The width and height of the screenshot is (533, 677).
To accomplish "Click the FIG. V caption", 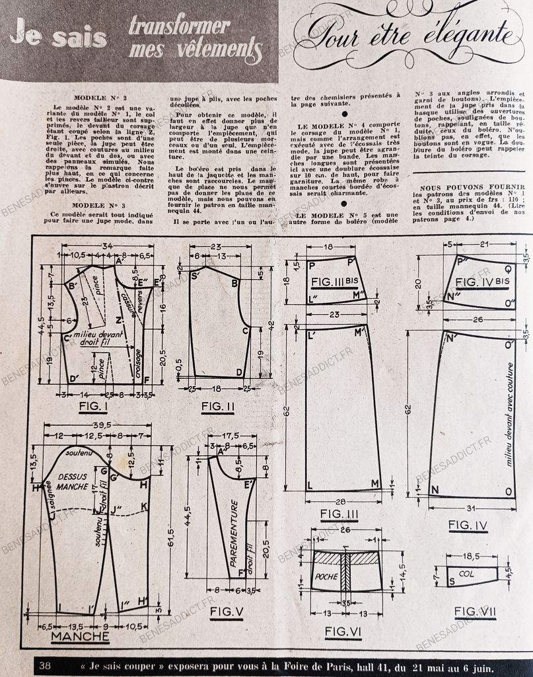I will [x=227, y=612].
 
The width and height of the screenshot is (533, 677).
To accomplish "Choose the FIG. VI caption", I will [x=343, y=632].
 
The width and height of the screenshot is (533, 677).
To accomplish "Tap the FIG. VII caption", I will [x=474, y=612].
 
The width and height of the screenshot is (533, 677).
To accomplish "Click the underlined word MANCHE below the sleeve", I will [x=80, y=637].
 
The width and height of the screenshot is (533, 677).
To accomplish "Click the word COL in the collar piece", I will [x=466, y=575].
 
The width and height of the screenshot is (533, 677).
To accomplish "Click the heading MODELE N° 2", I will [x=97, y=97].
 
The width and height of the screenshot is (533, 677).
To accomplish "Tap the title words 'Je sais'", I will [x=58, y=36].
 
